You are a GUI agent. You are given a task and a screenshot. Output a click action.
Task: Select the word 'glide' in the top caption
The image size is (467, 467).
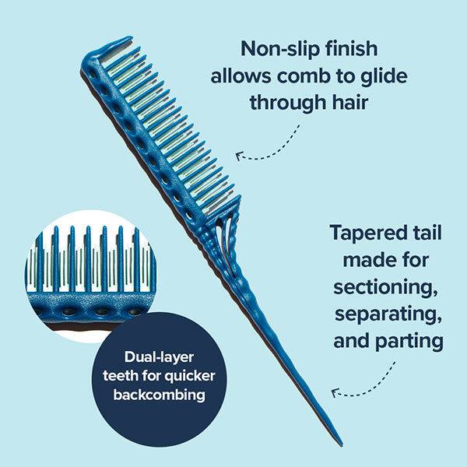click(380, 77)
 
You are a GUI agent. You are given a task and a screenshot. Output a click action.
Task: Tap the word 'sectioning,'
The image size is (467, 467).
click(383, 286)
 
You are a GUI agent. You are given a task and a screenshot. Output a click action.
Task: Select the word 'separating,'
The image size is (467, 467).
click(383, 314)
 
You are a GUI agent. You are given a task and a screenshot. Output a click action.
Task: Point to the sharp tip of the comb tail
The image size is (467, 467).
click(340, 444)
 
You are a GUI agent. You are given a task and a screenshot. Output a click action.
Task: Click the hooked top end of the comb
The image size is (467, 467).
click(117, 42)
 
